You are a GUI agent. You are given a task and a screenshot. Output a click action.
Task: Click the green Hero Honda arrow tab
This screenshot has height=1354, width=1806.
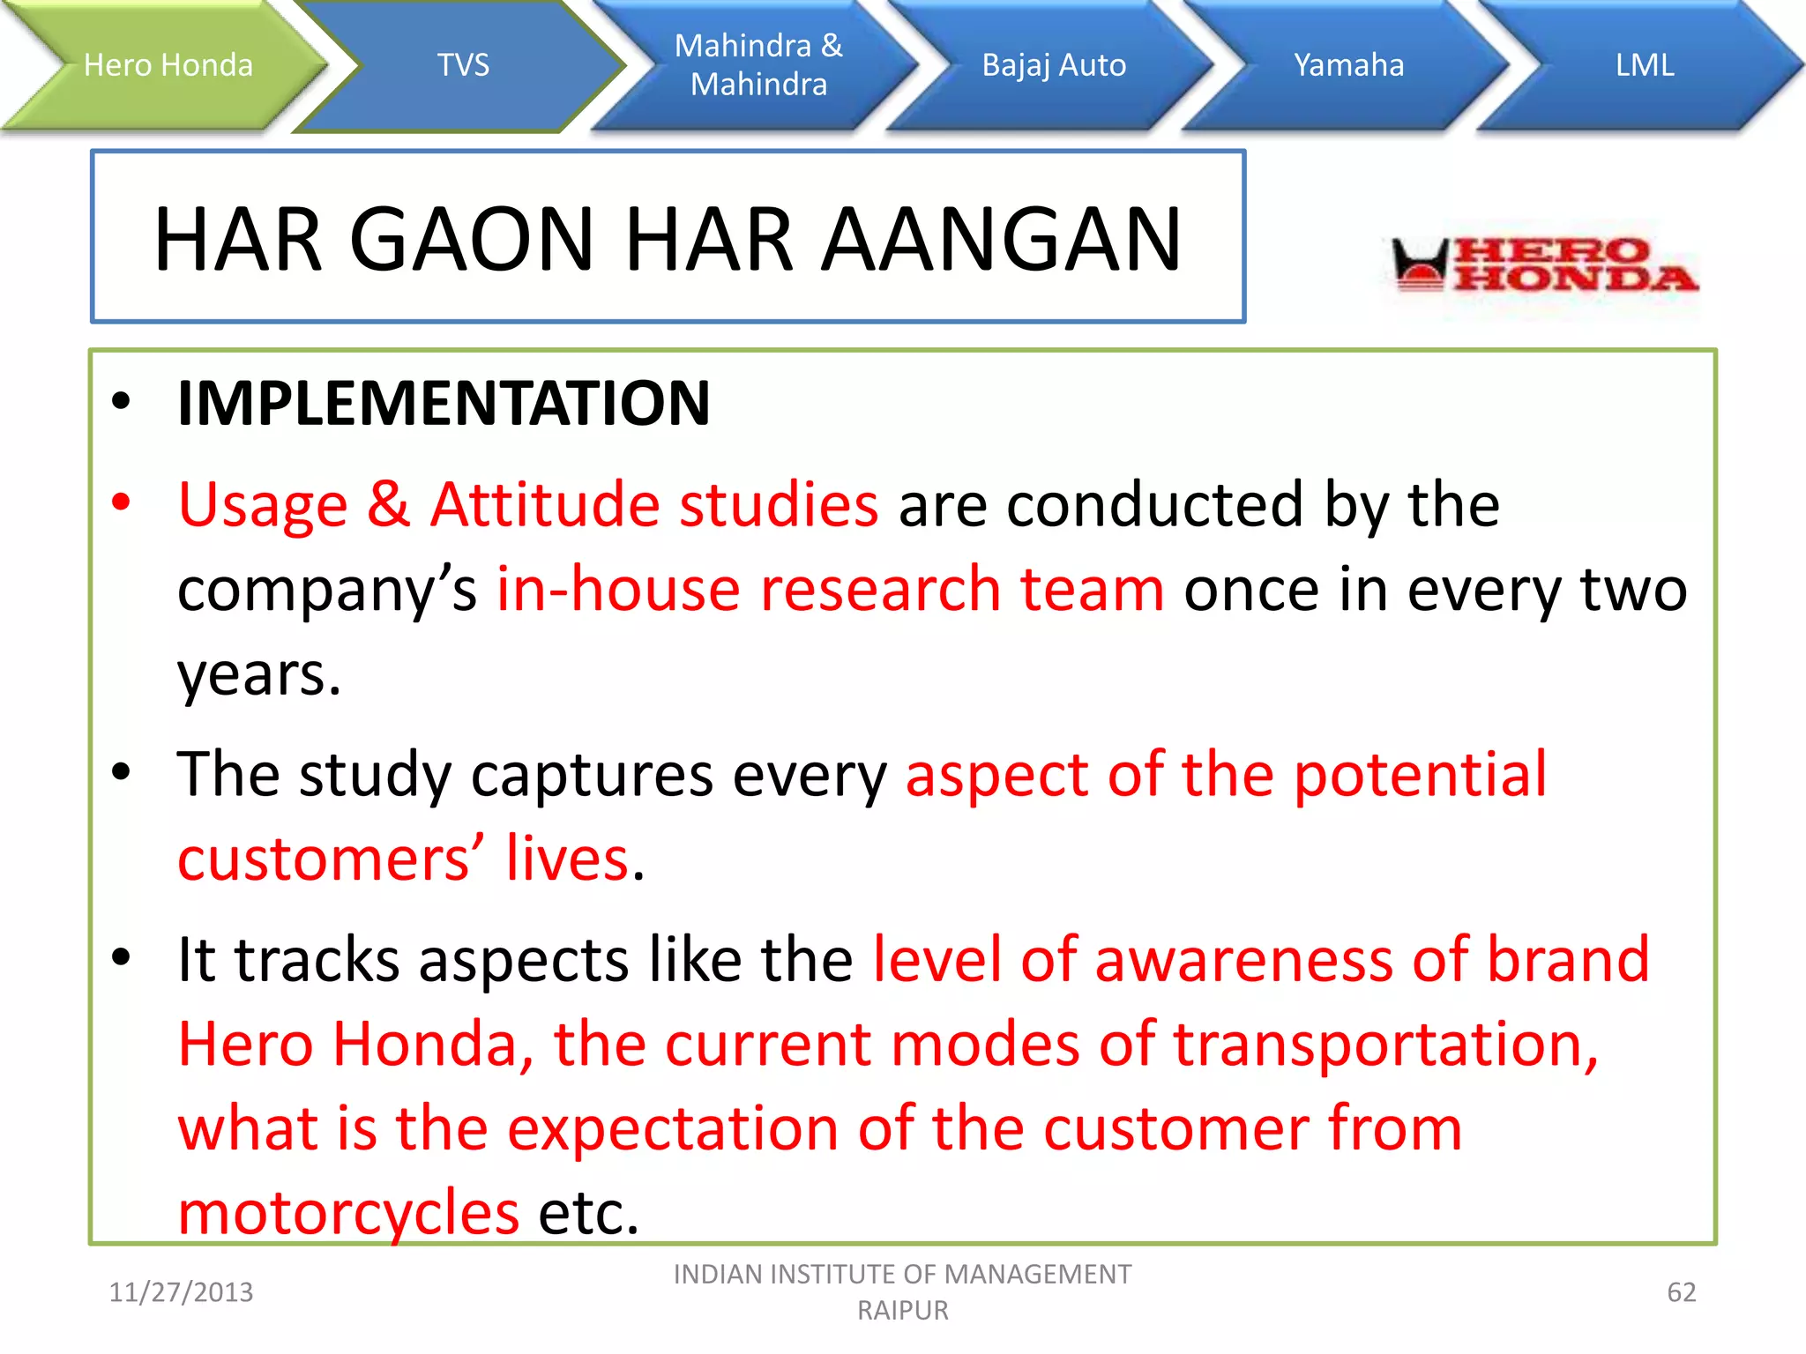[168, 65]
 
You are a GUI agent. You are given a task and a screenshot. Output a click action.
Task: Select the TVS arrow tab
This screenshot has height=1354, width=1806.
[463, 65]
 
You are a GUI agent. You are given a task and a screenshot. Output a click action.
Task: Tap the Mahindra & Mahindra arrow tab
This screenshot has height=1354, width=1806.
[758, 65]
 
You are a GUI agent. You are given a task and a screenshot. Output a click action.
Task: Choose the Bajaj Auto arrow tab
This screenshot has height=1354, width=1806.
[1054, 65]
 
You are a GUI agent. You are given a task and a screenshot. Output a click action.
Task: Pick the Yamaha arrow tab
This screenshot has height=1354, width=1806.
[1348, 65]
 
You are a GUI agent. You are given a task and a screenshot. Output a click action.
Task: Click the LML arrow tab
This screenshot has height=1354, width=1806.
[1644, 65]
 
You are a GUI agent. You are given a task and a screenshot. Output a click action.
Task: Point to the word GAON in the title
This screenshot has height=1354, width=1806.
[473, 240]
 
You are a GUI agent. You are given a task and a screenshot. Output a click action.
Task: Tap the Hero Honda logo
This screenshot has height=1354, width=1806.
[1543, 264]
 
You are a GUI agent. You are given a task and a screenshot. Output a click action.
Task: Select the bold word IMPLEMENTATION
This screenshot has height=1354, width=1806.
[444, 404]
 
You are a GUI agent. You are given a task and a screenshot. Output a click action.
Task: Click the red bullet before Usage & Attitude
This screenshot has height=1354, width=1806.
[121, 502]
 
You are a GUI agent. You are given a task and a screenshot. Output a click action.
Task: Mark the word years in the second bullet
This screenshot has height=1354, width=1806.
[258, 675]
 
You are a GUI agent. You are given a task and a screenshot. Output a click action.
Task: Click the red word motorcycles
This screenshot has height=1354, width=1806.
[348, 1213]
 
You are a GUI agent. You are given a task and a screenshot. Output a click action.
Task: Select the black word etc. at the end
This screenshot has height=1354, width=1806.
[588, 1213]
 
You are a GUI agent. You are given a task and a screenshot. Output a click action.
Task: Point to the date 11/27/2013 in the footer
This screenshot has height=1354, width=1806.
[181, 1292]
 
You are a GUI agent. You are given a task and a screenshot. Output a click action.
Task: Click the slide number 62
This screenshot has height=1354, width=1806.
[1681, 1292]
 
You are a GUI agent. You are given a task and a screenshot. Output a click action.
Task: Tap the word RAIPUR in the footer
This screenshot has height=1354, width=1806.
[903, 1311]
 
